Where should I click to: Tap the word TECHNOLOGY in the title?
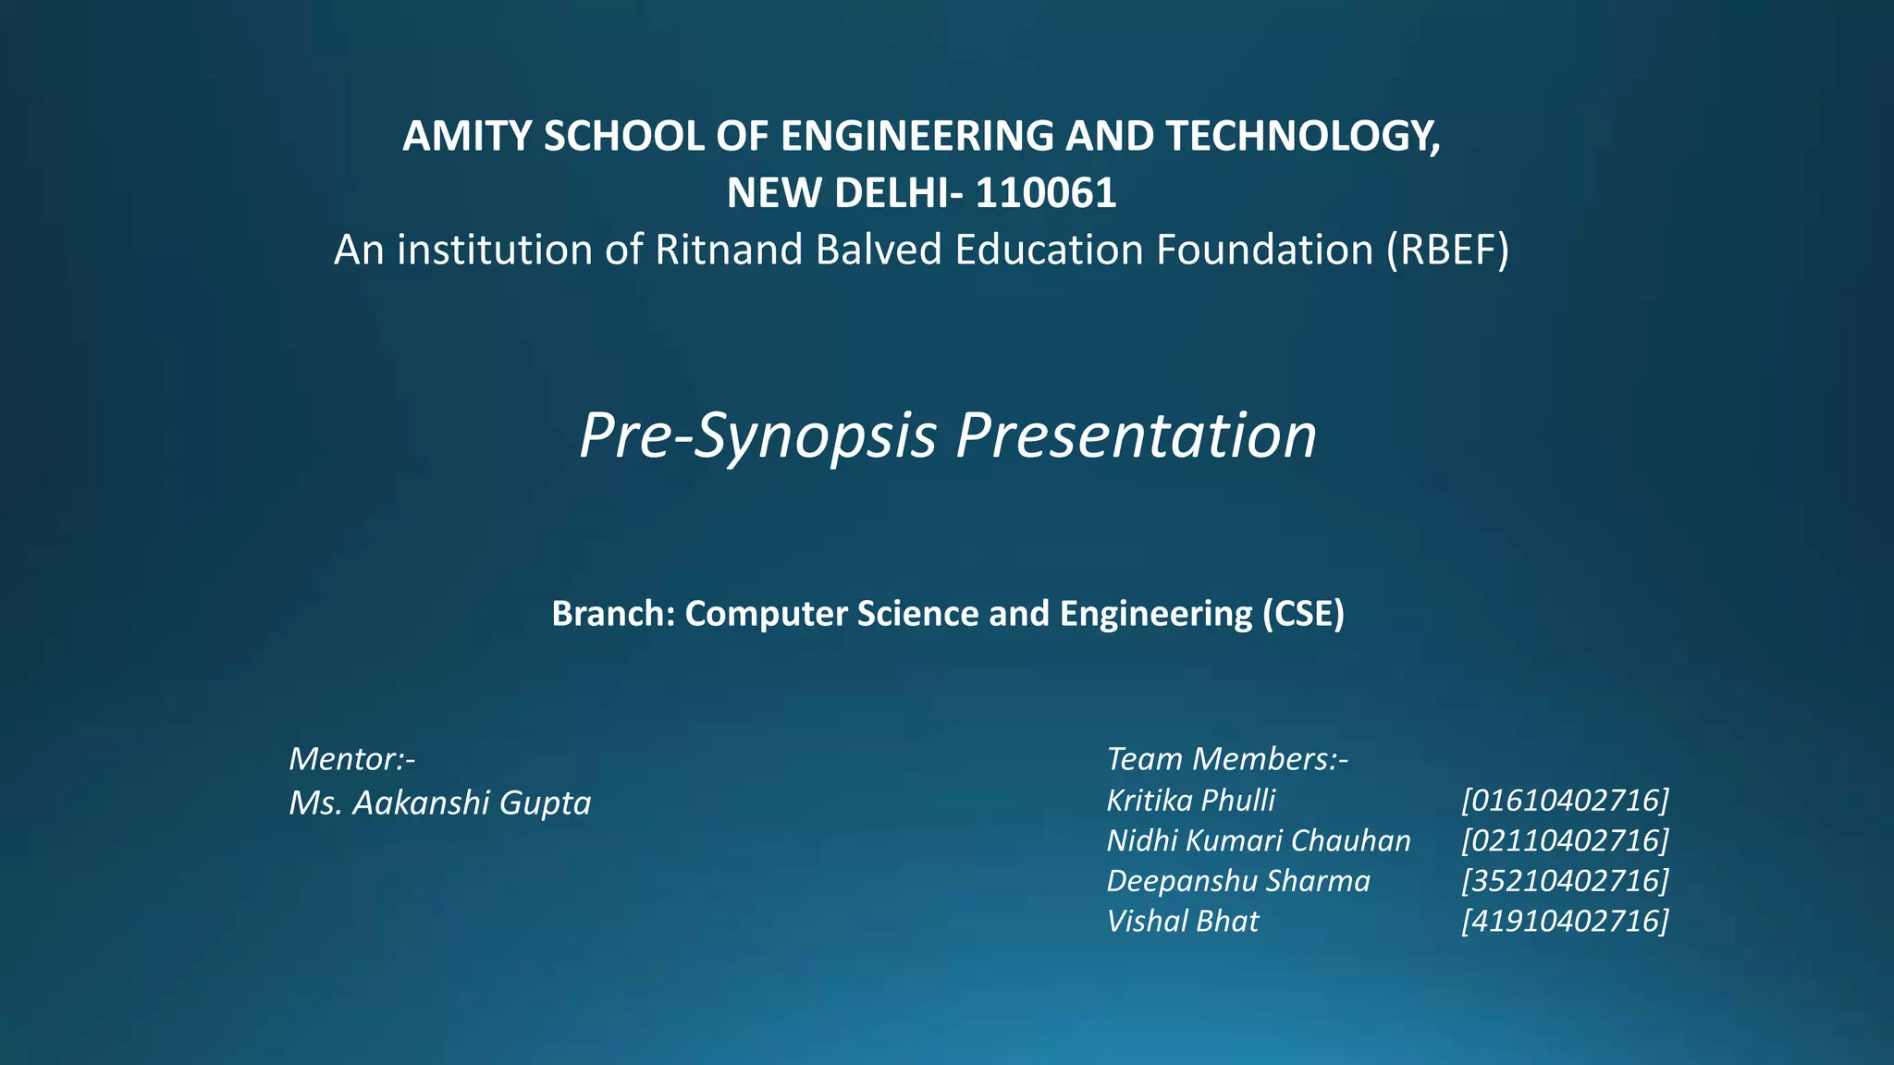pos(1302,137)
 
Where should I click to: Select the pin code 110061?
pos(1046,194)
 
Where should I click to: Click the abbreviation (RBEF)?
pos(1447,251)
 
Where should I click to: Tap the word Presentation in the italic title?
pos(1136,435)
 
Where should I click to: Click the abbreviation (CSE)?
pos(1303,614)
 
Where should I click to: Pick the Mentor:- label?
pos(351,759)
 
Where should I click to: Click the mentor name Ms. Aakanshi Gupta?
pos(439,802)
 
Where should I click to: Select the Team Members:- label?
pos(1227,759)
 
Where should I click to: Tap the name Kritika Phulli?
pos(1190,801)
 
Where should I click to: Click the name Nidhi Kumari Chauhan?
pos(1258,841)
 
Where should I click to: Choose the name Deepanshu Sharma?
pos(1237,881)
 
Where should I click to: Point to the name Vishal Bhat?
pos(1182,922)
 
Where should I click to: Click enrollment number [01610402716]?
pos(1565,801)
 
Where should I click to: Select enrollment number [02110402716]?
pos(1565,841)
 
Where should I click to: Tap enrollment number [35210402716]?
pos(1565,881)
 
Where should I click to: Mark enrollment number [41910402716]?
pos(1565,922)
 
